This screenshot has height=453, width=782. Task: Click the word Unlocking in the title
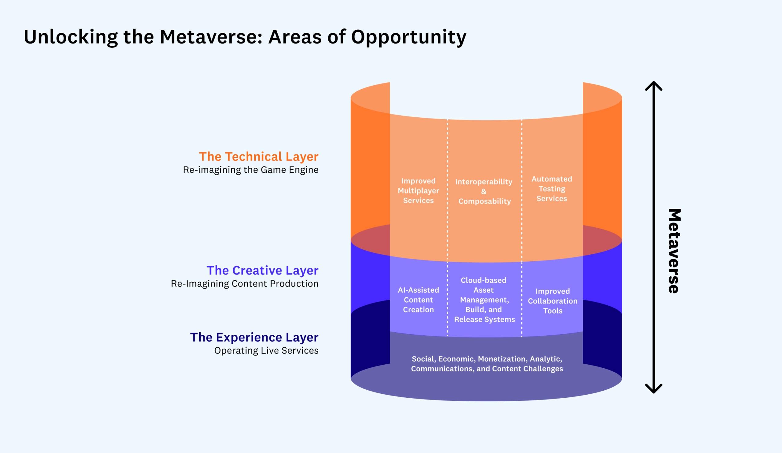pos(71,37)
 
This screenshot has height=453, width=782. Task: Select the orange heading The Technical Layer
pos(258,157)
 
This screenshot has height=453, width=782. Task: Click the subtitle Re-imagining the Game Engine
pos(250,170)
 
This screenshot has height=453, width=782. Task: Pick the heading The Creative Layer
pos(262,271)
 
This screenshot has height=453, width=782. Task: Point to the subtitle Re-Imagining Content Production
pos(245,284)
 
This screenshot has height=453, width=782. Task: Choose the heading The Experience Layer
pos(254,337)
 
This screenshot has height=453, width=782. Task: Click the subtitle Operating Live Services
pos(266,351)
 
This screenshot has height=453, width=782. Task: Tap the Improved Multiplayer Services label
pos(418,191)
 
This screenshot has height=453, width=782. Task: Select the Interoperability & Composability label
pos(484,191)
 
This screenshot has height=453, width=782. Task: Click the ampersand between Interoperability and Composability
pos(484,192)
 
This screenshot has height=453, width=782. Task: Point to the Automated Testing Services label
pos(552,189)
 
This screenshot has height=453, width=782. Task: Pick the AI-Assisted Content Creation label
pos(418,300)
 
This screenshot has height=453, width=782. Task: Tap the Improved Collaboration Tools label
pos(553,301)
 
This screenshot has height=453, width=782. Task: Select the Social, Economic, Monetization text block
pos(487,363)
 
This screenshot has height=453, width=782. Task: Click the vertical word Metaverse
pos(674,251)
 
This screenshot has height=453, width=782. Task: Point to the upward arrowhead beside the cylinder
pos(654,85)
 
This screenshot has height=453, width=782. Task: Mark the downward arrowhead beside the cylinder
pos(654,389)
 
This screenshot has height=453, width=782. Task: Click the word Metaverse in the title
pos(211,37)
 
